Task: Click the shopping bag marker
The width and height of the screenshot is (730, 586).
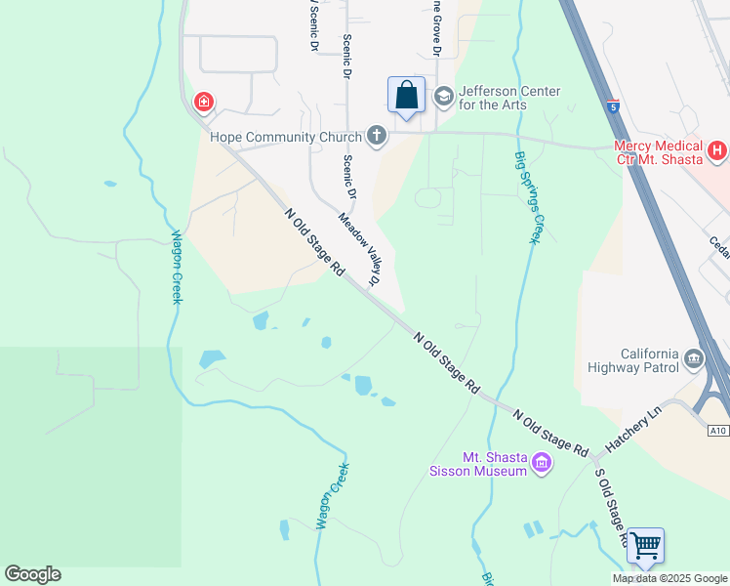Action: pos(407,97)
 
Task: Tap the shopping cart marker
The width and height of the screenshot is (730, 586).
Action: pos(645,546)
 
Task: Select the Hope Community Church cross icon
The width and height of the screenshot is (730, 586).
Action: pos(376,137)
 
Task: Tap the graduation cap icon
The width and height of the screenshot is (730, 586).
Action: pos(443,96)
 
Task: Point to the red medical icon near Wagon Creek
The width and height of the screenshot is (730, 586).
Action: pos(204,102)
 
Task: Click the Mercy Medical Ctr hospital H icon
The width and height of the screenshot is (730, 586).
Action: pos(717,150)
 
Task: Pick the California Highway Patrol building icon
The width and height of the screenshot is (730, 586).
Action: pos(694,358)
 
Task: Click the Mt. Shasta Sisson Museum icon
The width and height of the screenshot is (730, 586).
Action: pos(540,462)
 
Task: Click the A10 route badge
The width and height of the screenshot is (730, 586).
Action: pos(718,430)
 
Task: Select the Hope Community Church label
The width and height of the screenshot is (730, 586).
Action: pos(286,137)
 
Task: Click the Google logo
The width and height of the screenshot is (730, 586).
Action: pos(32,574)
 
